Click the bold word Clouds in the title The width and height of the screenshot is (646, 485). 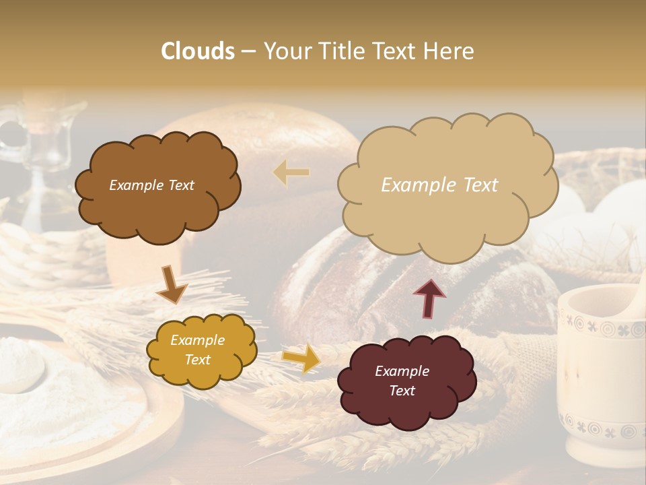tap(198, 51)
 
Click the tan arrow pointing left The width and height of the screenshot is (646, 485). tap(292, 172)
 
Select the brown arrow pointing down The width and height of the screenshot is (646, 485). tap(171, 285)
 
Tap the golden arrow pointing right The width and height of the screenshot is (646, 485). tap(301, 358)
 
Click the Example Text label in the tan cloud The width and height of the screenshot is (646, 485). tap(439, 185)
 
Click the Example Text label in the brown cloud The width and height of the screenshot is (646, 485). tap(151, 185)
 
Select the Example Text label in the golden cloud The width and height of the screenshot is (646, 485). tap(197, 350)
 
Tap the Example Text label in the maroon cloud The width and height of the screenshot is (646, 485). tap(402, 381)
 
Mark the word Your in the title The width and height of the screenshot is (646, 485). tap(287, 51)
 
